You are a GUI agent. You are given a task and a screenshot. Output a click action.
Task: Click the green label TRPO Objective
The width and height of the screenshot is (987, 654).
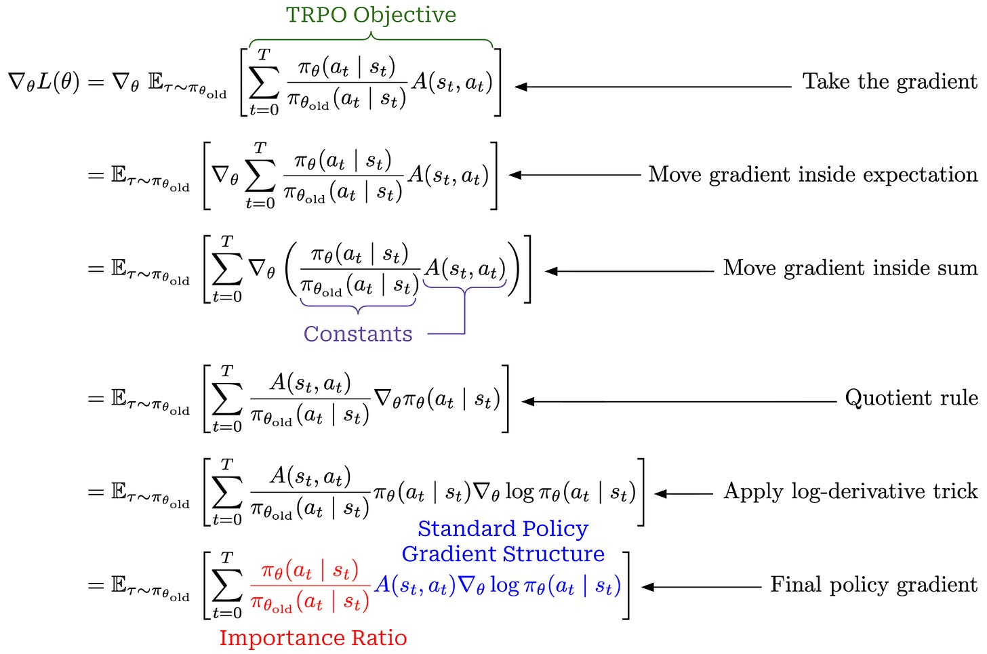coord(371,16)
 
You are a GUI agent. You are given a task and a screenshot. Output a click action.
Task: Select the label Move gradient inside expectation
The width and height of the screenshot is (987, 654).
coord(813,176)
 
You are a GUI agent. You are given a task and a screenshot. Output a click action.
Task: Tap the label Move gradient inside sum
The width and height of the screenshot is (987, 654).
coord(850,268)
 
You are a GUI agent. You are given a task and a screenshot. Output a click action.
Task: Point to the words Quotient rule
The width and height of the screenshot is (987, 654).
coord(911,398)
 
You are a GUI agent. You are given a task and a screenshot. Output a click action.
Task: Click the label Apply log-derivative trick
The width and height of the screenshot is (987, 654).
coord(850,492)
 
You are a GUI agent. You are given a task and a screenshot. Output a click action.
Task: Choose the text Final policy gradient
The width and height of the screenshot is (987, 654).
coord(874,586)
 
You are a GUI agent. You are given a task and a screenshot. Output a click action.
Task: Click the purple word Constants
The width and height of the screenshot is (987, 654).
coord(358,334)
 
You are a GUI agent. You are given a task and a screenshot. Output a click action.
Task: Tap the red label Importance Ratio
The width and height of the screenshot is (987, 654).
coord(313,638)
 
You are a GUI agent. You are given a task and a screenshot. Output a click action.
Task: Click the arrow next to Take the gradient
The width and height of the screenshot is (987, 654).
coord(653,87)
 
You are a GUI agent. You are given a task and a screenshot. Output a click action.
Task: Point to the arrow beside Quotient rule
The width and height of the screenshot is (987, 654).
coord(679,402)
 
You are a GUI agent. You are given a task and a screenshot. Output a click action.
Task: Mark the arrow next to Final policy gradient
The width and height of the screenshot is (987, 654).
coord(702,587)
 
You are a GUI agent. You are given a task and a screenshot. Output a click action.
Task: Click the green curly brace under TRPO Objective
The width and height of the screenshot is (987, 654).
coord(371,39)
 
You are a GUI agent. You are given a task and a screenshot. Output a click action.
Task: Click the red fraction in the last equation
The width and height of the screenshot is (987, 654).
coord(310,586)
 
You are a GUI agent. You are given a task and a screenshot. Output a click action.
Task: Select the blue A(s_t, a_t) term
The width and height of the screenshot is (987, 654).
coord(415,586)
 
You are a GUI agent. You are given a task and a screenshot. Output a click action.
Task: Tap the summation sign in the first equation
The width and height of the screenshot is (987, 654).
coord(264,83)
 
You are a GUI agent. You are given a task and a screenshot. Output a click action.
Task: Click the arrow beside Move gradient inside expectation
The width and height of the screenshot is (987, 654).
coord(575,175)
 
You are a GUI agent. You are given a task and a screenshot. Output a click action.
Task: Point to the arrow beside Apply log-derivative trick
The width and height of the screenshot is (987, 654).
coord(683,494)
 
